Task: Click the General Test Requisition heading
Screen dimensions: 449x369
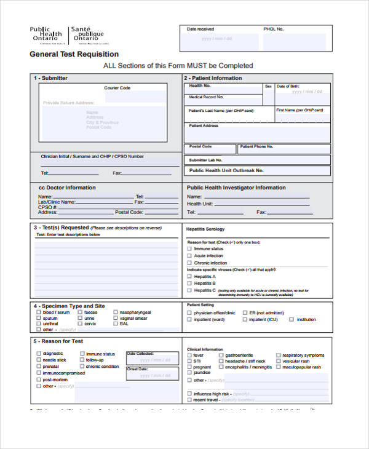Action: (74, 55)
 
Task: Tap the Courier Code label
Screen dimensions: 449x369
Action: (117, 88)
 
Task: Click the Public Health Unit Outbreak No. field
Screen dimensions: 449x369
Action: (258, 170)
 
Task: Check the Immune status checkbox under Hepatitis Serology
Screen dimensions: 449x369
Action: (189, 248)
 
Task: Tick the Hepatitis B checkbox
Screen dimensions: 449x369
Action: (189, 284)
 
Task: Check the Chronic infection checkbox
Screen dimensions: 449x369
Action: (189, 263)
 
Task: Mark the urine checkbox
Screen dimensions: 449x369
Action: (79, 318)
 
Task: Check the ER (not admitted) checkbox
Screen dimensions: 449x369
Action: (244, 313)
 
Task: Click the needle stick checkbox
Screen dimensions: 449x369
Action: (39, 360)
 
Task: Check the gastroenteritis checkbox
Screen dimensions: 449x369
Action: (221, 356)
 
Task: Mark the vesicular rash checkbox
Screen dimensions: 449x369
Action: (278, 361)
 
